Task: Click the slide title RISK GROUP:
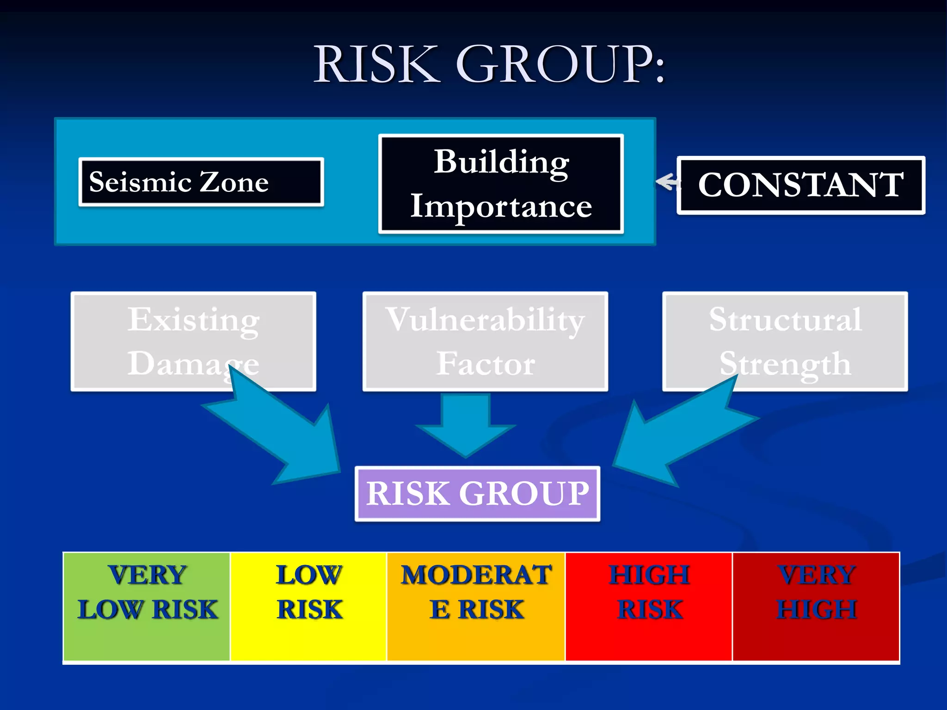coord(489,65)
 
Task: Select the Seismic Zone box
coord(201,182)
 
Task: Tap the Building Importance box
coord(501,184)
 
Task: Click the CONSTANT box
coord(800,185)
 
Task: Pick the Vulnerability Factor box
coord(485,341)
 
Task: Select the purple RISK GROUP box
coord(477,494)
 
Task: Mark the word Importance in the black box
coord(501,207)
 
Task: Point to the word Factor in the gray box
coord(486,364)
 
